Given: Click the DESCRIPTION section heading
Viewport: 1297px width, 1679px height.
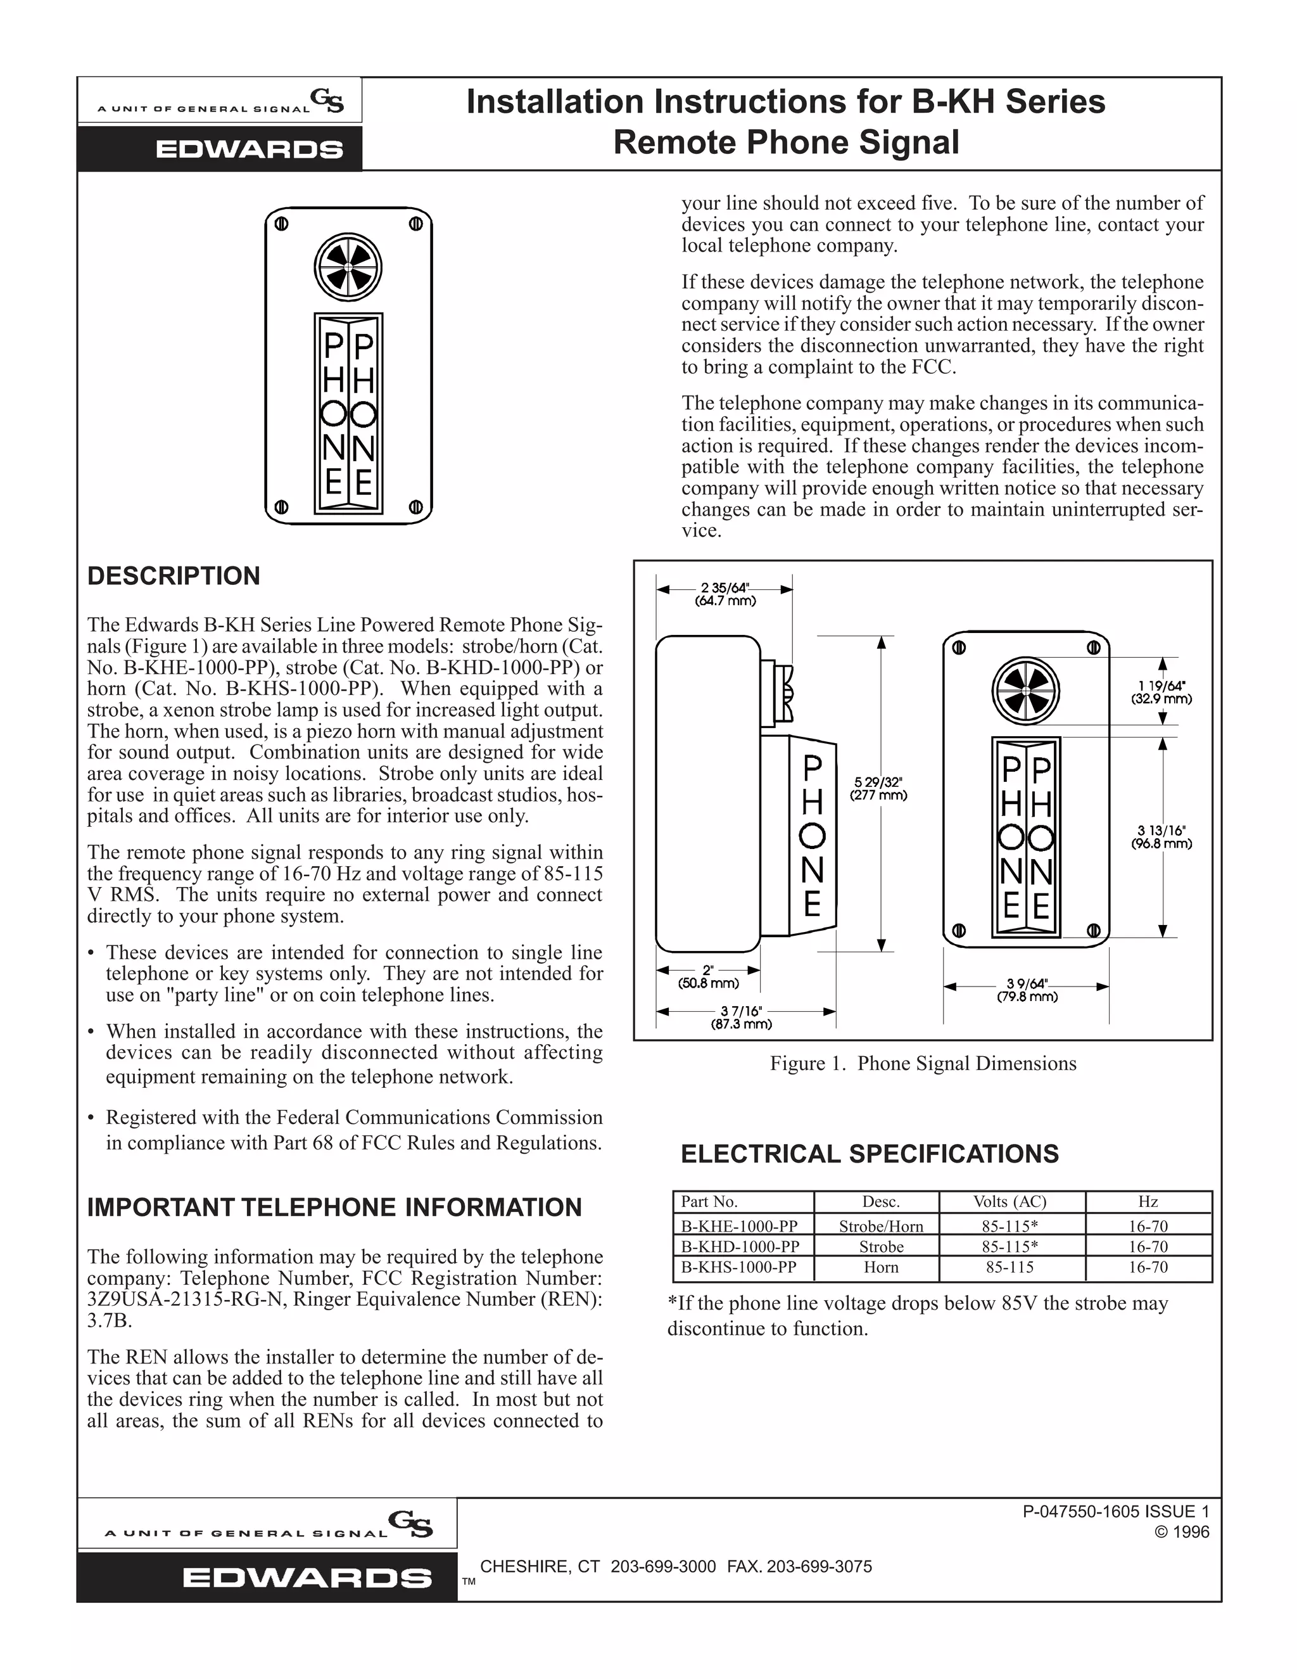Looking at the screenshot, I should (x=174, y=577).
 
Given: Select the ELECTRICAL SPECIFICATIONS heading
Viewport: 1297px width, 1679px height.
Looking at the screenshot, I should (x=870, y=1154).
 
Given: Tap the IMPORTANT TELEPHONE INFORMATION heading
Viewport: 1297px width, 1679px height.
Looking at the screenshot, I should (x=334, y=1208).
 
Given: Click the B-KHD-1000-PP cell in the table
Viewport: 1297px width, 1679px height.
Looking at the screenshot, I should (x=740, y=1247).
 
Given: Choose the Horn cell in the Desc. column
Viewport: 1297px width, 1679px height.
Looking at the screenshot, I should (x=880, y=1268).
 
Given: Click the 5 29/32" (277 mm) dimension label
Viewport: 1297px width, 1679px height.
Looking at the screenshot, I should (x=878, y=789).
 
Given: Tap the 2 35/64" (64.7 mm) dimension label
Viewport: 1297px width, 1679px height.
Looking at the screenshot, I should (x=725, y=595).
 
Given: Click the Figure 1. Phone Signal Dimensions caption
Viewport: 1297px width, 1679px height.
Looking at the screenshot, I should (x=923, y=1064).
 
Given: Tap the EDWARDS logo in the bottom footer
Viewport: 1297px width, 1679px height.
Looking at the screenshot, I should (x=307, y=1578).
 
